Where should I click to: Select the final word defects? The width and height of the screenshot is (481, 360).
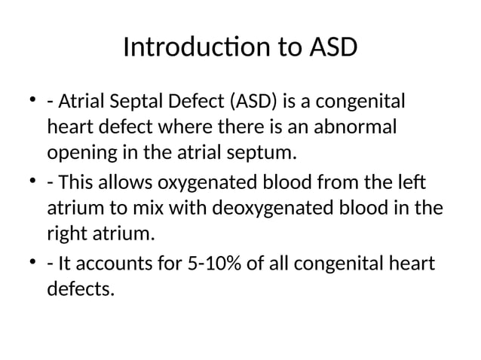pos(81,289)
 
